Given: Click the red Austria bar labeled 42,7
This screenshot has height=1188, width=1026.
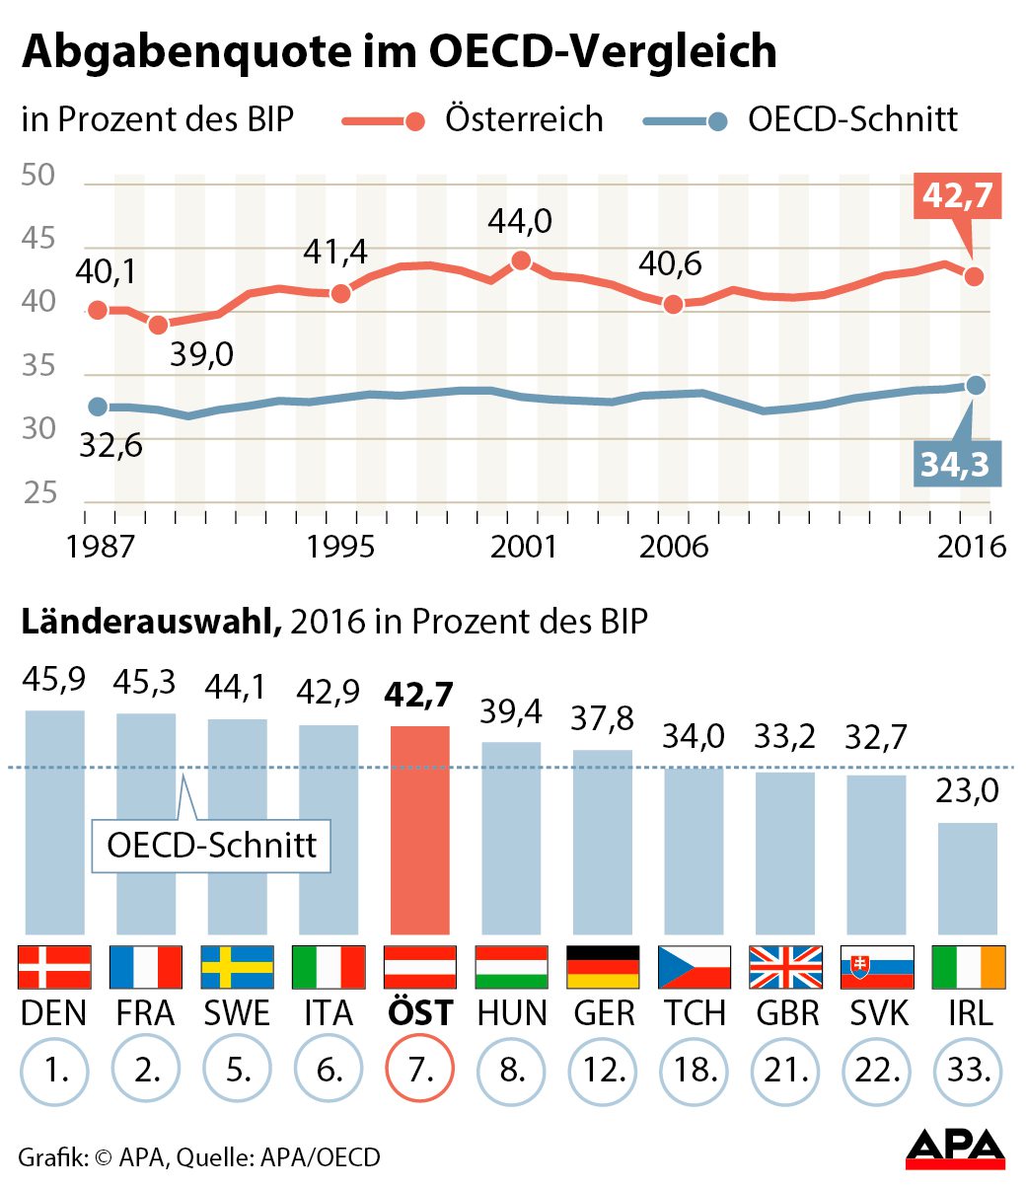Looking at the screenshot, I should [x=420, y=829].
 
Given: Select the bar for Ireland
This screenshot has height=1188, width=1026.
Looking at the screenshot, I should [x=967, y=877].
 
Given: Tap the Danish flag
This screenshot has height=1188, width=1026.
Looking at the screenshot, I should [x=54, y=967].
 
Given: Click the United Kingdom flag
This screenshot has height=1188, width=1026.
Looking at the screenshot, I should [x=785, y=967].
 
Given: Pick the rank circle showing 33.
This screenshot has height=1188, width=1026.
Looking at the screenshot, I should [x=968, y=1071].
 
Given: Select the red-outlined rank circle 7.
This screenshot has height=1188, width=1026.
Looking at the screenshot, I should [x=420, y=1071].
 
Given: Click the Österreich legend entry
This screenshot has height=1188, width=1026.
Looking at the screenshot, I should [x=474, y=119].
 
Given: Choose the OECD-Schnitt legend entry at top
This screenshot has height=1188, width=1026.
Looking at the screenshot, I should [x=800, y=119].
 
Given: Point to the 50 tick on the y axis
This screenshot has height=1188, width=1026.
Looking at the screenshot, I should [x=39, y=177].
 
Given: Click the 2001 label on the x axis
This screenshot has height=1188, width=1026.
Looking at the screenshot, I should [x=523, y=546].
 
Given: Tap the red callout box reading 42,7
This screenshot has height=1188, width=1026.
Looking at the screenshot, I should [x=957, y=196].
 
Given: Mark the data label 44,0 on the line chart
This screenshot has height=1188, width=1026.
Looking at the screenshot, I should [x=520, y=221].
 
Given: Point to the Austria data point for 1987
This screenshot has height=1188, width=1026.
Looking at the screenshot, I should [x=98, y=310].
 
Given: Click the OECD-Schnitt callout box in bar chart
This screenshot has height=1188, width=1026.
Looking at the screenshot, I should [x=211, y=846].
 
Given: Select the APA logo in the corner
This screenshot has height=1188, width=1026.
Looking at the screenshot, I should [x=955, y=1151].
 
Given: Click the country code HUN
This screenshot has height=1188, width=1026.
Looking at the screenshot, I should [x=511, y=1012].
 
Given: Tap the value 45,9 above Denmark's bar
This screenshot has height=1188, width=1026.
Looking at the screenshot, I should [x=53, y=681].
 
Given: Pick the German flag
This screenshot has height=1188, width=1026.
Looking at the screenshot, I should [x=603, y=967].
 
